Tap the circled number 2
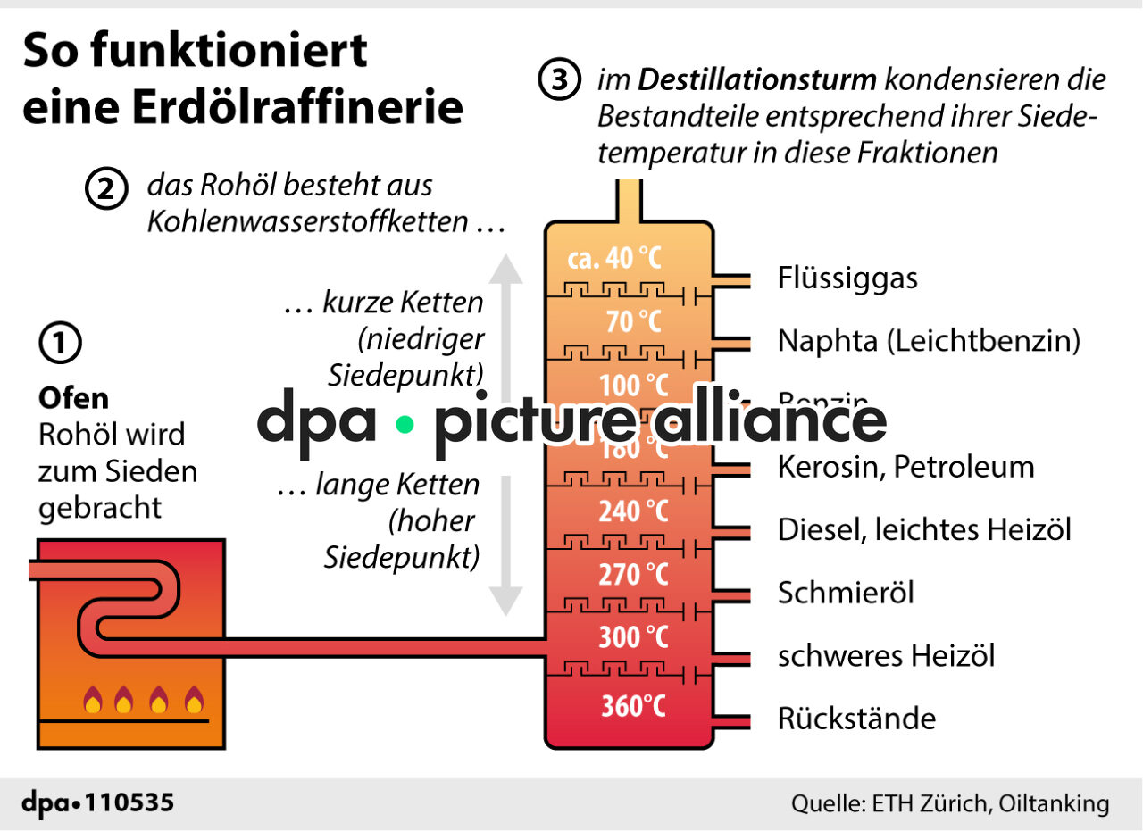pyautogui.click(x=106, y=190)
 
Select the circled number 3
pyautogui.click(x=559, y=80)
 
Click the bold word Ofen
pyautogui.click(x=73, y=397)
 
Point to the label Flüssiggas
pyautogui.click(x=847, y=278)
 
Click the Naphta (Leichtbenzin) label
pyautogui.click(x=929, y=341)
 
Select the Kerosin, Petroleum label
pyautogui.click(x=905, y=467)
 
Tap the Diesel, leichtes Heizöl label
pyautogui.click(x=924, y=530)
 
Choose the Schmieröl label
pyautogui.click(x=846, y=593)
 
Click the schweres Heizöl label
pyautogui.click(x=886, y=656)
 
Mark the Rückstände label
pyautogui.click(x=856, y=719)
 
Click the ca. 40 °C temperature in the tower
pyautogui.click(x=614, y=259)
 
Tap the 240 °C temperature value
pyautogui.click(x=632, y=511)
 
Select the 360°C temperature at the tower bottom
pyautogui.click(x=632, y=706)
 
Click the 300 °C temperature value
pyautogui.click(x=632, y=637)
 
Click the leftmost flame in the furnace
pyautogui.click(x=92, y=701)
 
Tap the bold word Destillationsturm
pyautogui.click(x=757, y=80)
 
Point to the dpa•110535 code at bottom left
pyautogui.click(x=98, y=802)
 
